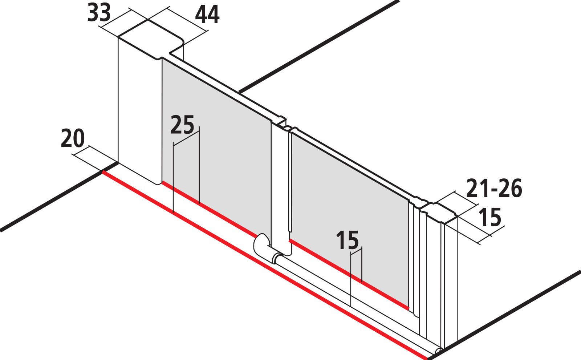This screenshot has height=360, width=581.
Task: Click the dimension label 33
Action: click(99, 13)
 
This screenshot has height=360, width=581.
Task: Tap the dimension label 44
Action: click(207, 15)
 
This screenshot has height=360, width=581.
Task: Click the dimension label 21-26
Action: click(494, 189)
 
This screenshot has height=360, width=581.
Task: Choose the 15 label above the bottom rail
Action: click(347, 240)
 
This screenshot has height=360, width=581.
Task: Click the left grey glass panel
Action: click(216, 145)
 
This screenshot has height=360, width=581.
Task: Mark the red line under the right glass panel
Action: click(349, 274)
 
